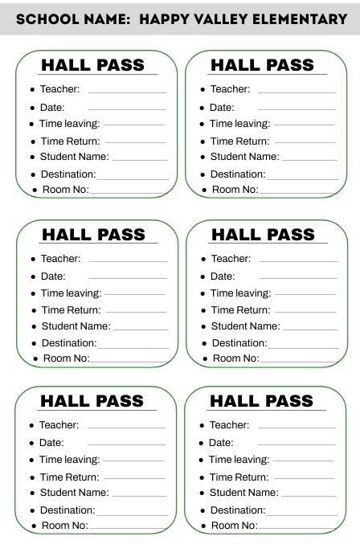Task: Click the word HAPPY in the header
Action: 163,18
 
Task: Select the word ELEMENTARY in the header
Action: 301,18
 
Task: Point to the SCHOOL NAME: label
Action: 73,18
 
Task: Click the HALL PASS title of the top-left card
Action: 93,65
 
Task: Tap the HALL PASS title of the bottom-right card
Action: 262,400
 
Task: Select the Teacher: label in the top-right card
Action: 230,89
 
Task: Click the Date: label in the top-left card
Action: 52,107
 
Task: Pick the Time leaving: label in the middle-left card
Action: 72,293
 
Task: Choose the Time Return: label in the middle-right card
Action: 240,309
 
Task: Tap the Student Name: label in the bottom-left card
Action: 74,492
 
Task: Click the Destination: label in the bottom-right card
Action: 237,510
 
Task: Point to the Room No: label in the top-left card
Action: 65,190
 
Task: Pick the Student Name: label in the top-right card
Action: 244,157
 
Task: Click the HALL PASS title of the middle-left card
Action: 94,235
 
